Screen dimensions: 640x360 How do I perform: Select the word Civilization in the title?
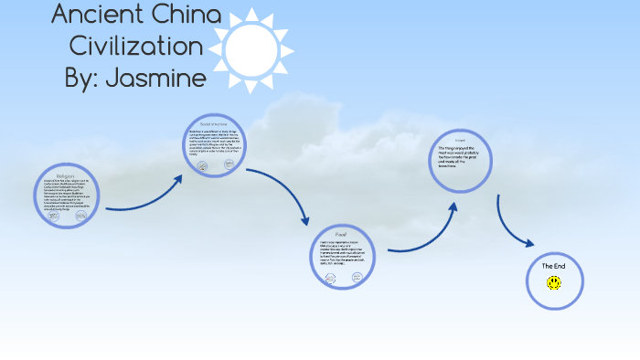(x=136, y=46)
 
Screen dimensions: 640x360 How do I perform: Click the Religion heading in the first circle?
(x=65, y=175)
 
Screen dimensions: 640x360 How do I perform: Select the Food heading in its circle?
(x=342, y=233)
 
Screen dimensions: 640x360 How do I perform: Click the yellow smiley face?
(x=554, y=283)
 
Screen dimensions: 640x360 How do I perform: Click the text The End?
(x=554, y=266)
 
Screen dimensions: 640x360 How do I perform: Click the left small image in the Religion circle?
(x=52, y=215)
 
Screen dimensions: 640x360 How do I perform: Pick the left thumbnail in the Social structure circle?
(x=203, y=166)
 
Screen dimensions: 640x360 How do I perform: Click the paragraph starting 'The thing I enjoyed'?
(x=461, y=156)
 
